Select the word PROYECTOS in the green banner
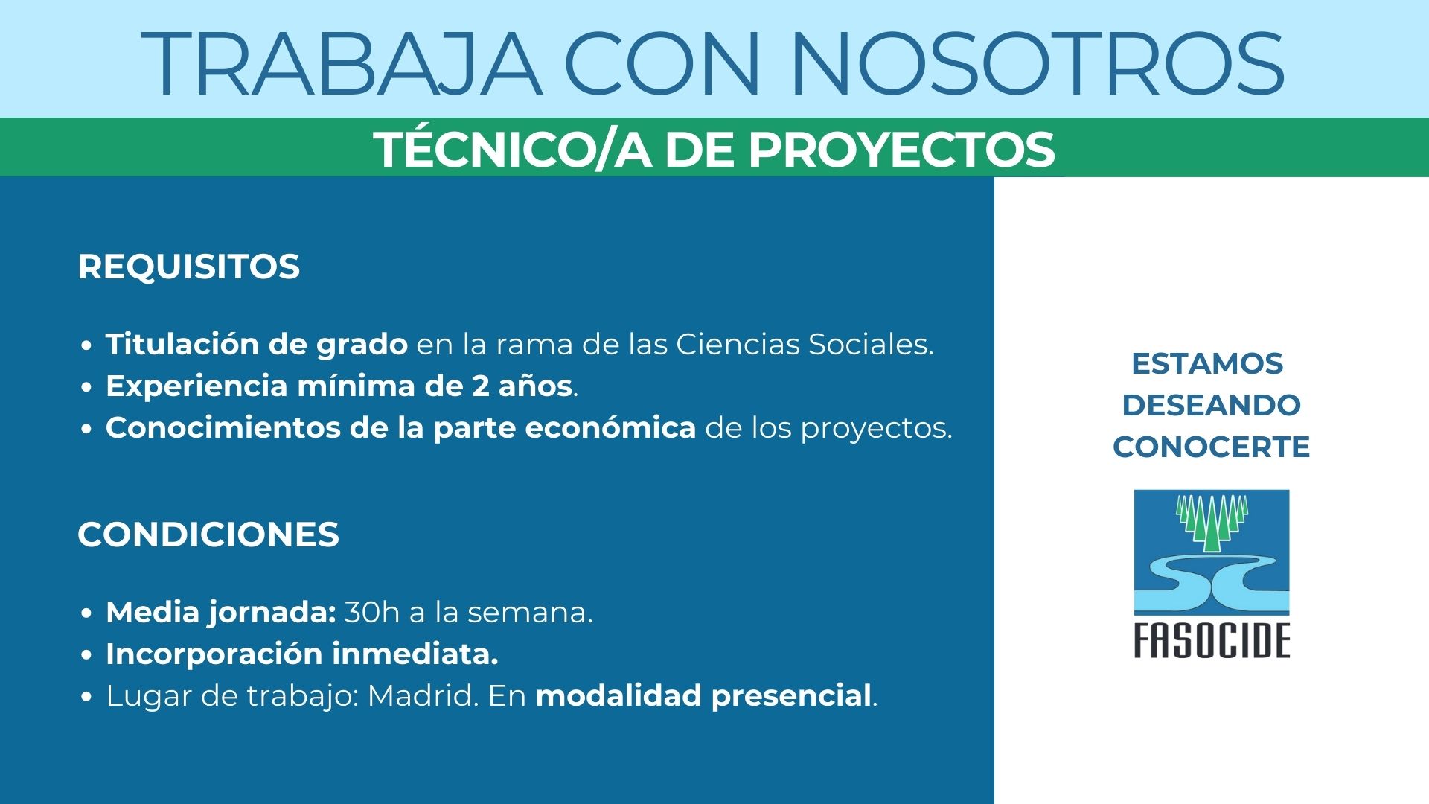[x=901, y=150]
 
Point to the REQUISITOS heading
[x=189, y=267]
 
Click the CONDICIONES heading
[x=208, y=535]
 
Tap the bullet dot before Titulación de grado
[x=88, y=346]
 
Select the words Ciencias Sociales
[x=805, y=344]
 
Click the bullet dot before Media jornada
[x=88, y=614]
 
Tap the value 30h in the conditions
[x=372, y=612]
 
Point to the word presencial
[x=791, y=697]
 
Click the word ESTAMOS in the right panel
[x=1207, y=364]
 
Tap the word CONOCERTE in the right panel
[x=1212, y=447]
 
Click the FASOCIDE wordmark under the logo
[x=1212, y=641]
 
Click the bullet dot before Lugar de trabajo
[x=88, y=698]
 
